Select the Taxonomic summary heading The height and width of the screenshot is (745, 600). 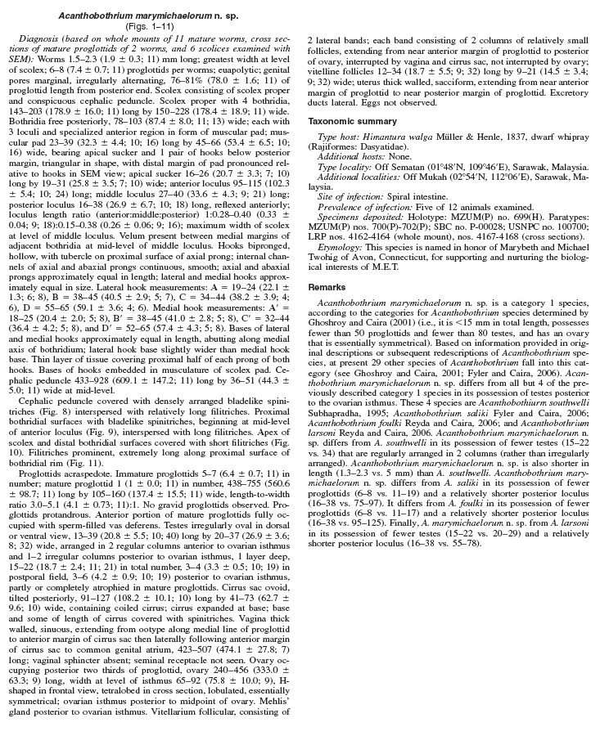[352, 121]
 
